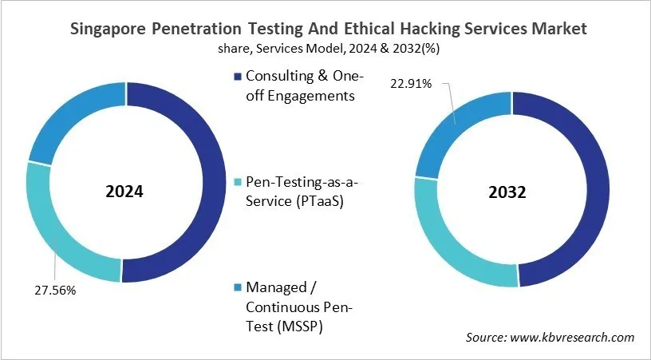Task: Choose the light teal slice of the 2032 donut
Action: pyautogui.click(x=447, y=239)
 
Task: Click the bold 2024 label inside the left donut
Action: pyautogui.click(x=125, y=192)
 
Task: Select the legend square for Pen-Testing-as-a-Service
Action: pyautogui.click(x=235, y=183)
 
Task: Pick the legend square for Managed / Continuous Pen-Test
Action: pyautogui.click(x=235, y=287)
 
